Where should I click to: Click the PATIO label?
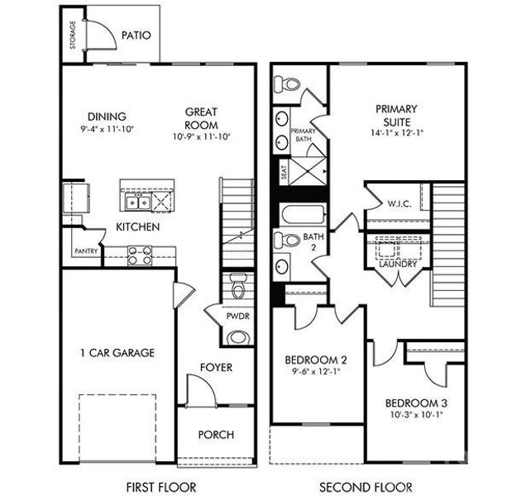click(x=136, y=36)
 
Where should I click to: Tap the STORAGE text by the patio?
click(x=73, y=36)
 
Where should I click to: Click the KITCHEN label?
click(x=137, y=226)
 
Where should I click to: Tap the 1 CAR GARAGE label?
click(x=117, y=353)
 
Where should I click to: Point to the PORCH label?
click(x=215, y=434)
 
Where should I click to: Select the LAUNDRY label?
click(x=398, y=265)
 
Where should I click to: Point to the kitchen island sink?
click(x=134, y=202)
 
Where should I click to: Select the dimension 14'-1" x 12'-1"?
click(x=395, y=132)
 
